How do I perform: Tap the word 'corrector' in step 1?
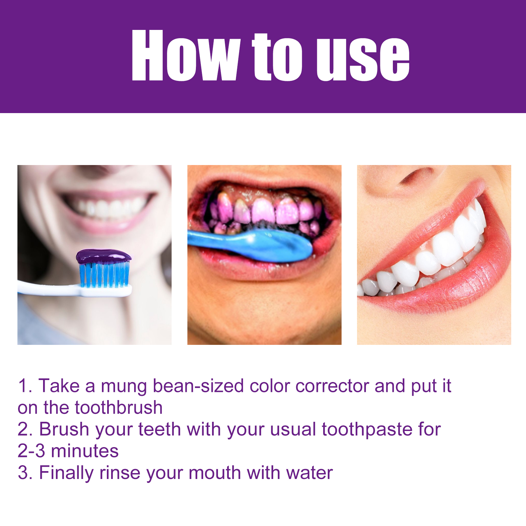tap(332, 386)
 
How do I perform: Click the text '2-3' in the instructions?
tap(31, 451)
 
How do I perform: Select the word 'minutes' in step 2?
tap(85, 451)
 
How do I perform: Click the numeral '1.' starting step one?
tap(25, 386)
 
